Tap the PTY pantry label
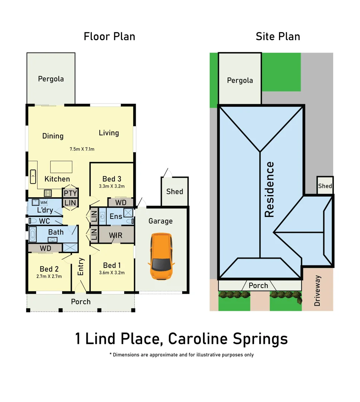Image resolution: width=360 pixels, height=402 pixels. pos(70,194)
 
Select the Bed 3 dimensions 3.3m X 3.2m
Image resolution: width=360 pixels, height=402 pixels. pos(112,186)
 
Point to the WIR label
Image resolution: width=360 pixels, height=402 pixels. pos(116,235)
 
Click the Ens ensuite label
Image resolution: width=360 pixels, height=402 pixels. pos(116,216)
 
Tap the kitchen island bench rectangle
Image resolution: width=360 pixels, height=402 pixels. pos(61,166)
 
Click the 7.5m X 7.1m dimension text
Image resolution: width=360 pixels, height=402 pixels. pos(82,149)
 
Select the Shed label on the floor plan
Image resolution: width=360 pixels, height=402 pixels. pos(174,191)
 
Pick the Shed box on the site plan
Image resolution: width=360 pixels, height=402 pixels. pos(325,186)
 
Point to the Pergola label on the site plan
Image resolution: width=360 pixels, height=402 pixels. pos(240,80)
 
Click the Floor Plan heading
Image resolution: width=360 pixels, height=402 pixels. pos(109,36)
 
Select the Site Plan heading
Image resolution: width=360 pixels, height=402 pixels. pos(278,36)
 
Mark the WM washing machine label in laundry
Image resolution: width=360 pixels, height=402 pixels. pos(44,202)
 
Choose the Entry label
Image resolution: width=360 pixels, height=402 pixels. pos(81,267)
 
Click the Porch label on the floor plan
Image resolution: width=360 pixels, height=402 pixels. pos(81,301)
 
